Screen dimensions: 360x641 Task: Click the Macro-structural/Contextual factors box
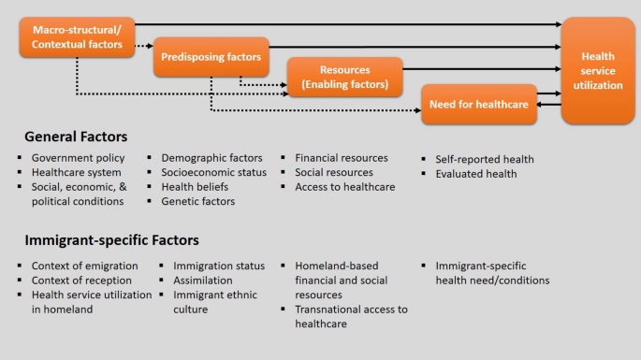pos(77,37)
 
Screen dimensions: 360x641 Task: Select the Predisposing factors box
pos(211,57)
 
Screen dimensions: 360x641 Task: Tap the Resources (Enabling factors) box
pos(344,77)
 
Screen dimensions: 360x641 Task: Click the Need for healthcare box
pos(479,104)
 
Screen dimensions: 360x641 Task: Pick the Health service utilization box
pos(597,71)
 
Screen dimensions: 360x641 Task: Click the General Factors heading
pos(76,137)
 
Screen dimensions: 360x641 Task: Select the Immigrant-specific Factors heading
pos(111,240)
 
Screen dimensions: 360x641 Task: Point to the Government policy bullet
pos(79,158)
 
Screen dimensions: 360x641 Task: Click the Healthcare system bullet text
pos(77,173)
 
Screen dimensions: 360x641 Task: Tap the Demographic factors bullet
pos(211,158)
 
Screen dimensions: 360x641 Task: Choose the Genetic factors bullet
pos(198,201)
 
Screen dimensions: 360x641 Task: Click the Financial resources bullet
pos(342,158)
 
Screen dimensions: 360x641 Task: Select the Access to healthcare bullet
pos(345,187)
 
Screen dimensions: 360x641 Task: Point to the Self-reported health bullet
pos(484,159)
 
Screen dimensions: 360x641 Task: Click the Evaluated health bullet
pos(475,173)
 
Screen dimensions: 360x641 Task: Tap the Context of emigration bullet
pos(84,266)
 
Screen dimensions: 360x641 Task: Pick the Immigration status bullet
pos(219,266)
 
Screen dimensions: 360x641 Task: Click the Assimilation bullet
pos(206,281)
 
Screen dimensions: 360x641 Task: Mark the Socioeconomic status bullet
pos(214,173)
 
